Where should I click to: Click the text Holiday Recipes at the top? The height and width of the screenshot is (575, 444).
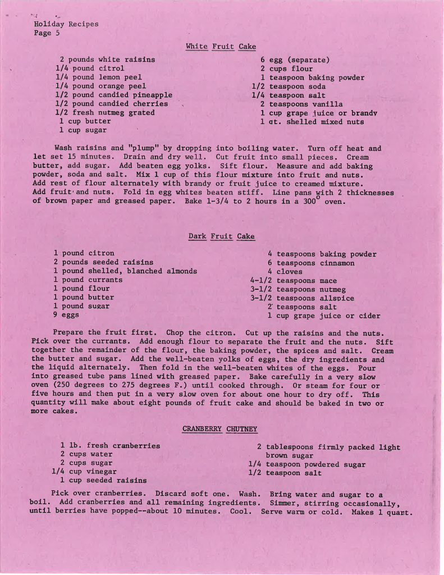pyautogui.click(x=66, y=24)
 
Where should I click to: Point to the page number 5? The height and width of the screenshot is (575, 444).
pyautogui.click(x=57, y=33)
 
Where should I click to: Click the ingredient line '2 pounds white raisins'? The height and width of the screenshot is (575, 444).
pyautogui.click(x=107, y=60)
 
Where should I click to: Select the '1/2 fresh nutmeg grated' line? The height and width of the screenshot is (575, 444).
pyautogui.click(x=105, y=112)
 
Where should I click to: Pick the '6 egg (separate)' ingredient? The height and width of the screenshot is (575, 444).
pyautogui.click(x=295, y=60)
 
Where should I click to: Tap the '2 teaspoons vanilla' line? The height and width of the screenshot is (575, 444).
pyautogui.click(x=301, y=104)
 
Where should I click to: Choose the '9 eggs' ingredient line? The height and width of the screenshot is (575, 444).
pyautogui.click(x=66, y=315)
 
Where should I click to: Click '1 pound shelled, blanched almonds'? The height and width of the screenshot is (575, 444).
pyautogui.click(x=125, y=271)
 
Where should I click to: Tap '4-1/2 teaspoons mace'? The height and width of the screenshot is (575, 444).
pyautogui.click(x=294, y=280)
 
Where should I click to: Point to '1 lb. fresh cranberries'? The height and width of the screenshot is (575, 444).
pyautogui.click(x=110, y=446)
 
